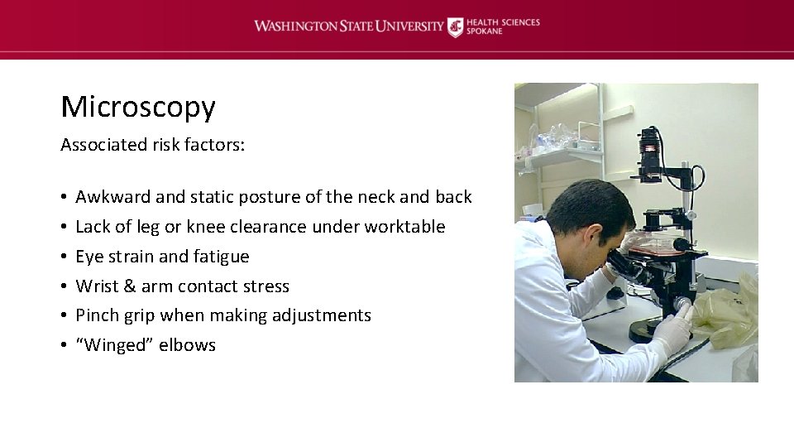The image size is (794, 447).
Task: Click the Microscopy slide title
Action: point(137,107)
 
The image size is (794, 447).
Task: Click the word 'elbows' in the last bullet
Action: point(188,345)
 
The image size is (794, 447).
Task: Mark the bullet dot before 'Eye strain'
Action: point(64,257)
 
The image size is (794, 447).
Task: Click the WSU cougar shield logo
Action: point(456,26)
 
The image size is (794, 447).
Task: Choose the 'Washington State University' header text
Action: point(348,26)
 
